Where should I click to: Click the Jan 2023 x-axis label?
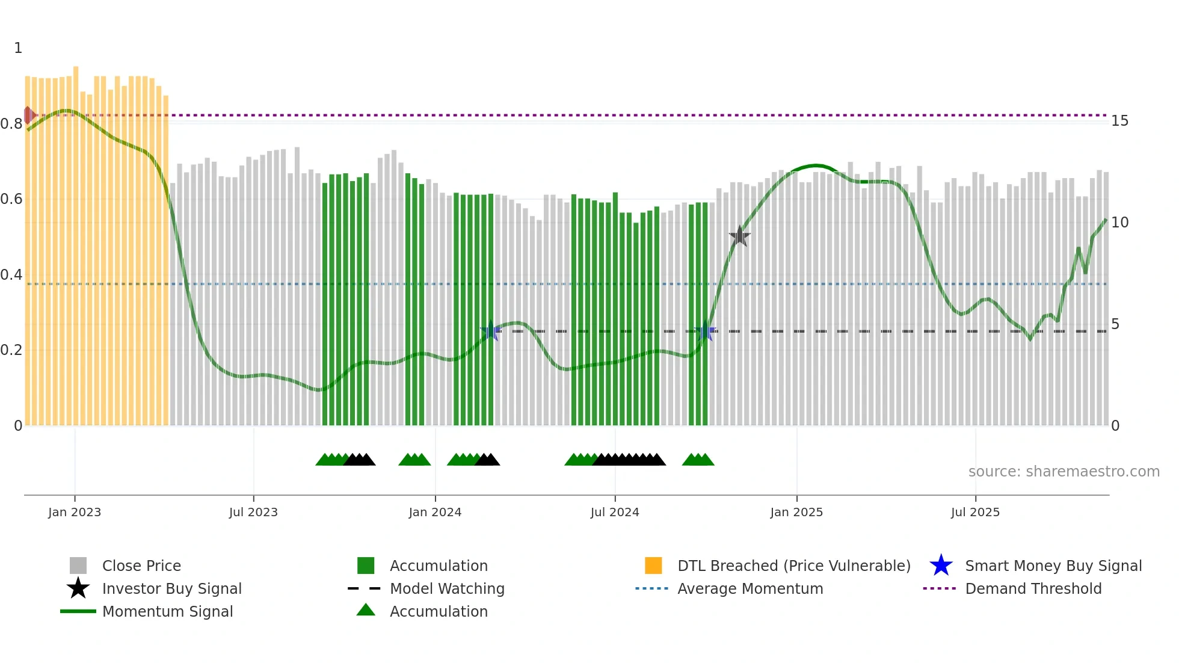pos(75,512)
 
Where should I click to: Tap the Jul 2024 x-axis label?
pos(615,512)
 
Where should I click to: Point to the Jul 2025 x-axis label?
pos(975,512)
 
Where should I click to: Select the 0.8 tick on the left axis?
pos(11,124)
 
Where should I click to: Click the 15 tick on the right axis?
pos(1119,121)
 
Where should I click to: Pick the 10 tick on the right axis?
pos(1119,223)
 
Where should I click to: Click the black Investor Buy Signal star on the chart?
pos(739,236)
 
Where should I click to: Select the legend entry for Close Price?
pos(141,566)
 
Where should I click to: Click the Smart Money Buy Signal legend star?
pos(941,566)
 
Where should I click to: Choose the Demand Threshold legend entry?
pos(1033,588)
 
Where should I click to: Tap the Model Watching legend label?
pos(447,588)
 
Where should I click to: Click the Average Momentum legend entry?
pos(750,588)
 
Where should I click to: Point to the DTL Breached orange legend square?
pos(653,566)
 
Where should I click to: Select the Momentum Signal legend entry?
pos(167,611)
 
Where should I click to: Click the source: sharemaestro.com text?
pos(1064,471)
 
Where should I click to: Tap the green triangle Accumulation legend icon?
pos(366,611)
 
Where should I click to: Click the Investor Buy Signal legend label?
pos(171,588)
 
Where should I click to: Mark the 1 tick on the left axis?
pos(18,48)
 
